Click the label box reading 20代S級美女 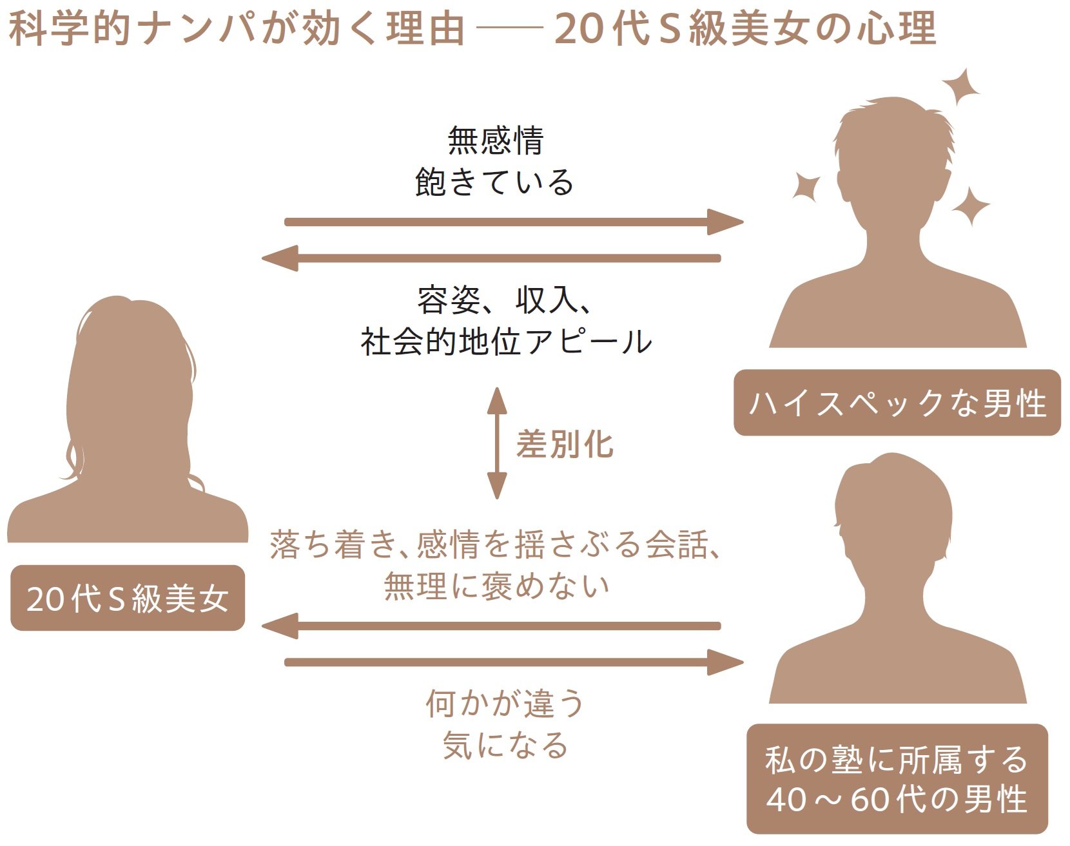pos(128,598)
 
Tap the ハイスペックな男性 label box pos(897,403)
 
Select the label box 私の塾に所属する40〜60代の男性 pos(897,778)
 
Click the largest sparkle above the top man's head pos(960,87)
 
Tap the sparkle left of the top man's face pos(806,187)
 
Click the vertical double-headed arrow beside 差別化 pos(496,443)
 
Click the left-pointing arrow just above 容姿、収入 pos(491,258)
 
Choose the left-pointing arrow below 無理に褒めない pos(491,626)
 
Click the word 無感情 pos(495,140)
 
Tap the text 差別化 pos(565,445)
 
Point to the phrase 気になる pos(505,745)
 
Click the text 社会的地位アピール pos(506,341)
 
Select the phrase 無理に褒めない pos(496,586)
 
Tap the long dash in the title pos(509,29)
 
